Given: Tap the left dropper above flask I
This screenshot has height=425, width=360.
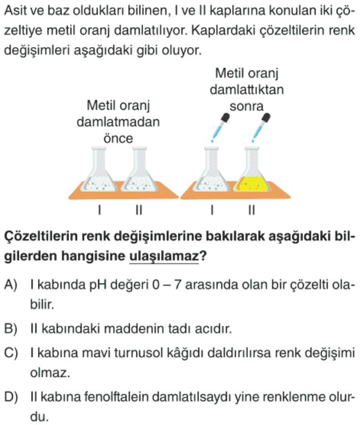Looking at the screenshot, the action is coord(220,127).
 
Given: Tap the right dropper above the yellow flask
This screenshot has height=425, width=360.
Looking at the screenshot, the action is coord(261,127).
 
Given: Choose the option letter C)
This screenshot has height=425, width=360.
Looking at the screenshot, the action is coord(11,353).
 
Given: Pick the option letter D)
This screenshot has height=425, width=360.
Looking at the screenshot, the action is coord(11,397).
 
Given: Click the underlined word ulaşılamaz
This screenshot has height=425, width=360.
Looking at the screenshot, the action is coord(164,256).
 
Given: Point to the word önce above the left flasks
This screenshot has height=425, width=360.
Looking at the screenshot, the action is coord(118,138).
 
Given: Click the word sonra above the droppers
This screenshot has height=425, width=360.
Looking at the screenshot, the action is coord(247,106).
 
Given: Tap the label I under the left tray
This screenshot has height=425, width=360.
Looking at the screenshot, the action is coord(100,210).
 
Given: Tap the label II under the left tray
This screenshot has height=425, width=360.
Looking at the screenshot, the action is coord(139,210).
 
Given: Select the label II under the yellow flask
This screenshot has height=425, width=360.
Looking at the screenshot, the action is coord(252,210).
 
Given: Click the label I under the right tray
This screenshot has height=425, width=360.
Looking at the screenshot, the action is coord(212,210).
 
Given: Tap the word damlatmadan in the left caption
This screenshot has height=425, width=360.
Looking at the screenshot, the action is coord(118,122).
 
